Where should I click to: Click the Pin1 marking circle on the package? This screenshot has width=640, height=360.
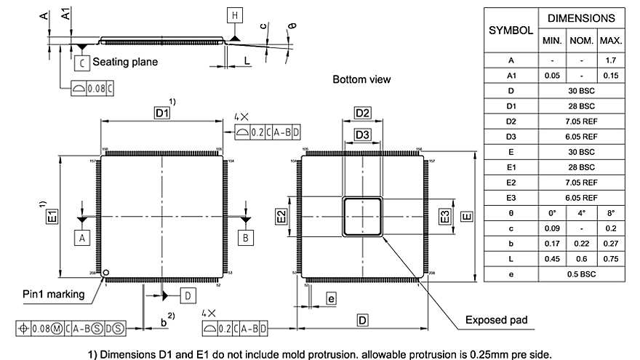pyautogui.click(x=106, y=273)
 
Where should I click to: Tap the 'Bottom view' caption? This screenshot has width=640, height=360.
pyautogui.click(x=361, y=79)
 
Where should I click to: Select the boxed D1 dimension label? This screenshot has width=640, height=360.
pyautogui.click(x=161, y=113)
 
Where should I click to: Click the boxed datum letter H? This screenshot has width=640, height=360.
pyautogui.click(x=234, y=15)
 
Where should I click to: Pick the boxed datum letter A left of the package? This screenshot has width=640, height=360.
pyautogui.click(x=82, y=238)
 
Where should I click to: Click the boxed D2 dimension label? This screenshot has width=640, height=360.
pyautogui.click(x=363, y=113)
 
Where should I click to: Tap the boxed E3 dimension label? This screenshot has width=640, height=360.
pyautogui.click(x=445, y=216)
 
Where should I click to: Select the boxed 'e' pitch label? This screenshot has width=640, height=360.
pyautogui.click(x=330, y=298)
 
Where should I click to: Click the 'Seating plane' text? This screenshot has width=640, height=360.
pyautogui.click(x=125, y=63)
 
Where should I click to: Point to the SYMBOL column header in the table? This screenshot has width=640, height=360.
pyautogui.click(x=511, y=31)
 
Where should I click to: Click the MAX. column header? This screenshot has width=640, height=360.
pyautogui.click(x=611, y=41)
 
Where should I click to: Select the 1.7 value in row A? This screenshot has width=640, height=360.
pyautogui.click(x=611, y=60)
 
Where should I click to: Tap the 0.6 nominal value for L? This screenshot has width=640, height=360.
pyautogui.click(x=581, y=258)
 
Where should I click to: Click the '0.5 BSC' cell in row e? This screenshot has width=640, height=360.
pyautogui.click(x=581, y=273)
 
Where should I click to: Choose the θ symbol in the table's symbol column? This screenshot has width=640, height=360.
pyautogui.click(x=511, y=212)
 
